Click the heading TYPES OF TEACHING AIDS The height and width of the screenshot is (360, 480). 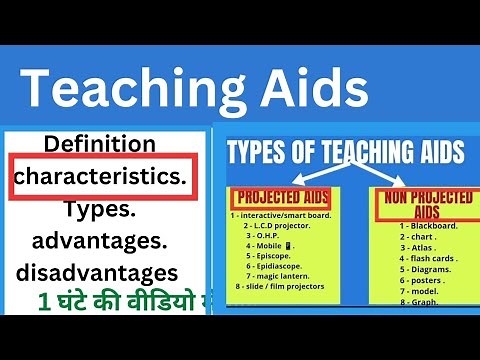345,152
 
